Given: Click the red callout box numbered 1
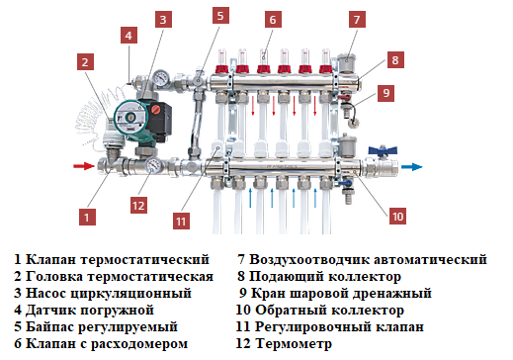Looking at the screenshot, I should [87, 213].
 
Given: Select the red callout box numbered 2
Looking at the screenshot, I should [87, 62].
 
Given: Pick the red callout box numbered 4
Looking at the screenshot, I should [128, 35].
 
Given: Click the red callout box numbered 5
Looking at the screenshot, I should [220, 16].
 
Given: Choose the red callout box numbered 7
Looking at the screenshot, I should [356, 19].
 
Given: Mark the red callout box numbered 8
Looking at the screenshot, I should [394, 59].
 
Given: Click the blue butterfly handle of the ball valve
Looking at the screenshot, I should [380, 154].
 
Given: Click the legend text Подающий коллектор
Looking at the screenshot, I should [325, 276].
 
